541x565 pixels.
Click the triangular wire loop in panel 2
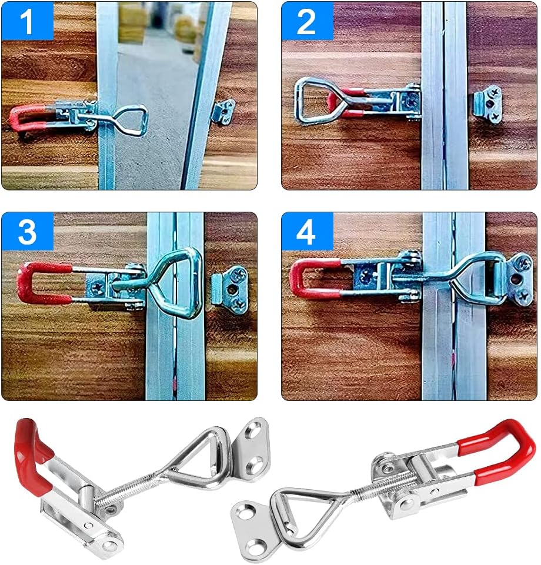[x=312, y=101]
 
